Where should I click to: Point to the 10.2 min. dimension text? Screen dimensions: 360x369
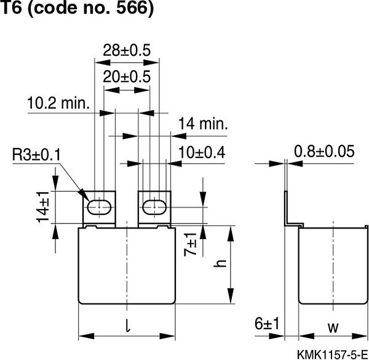click(59, 103)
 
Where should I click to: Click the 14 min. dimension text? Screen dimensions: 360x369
click(203, 123)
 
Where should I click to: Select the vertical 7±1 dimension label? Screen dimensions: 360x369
click(192, 244)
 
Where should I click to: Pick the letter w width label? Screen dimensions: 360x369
click(332, 327)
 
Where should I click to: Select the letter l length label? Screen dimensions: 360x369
click(127, 327)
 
